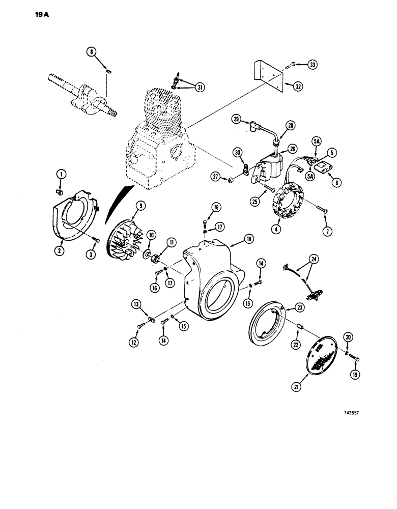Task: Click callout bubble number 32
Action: point(299,86)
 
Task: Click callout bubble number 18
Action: point(235,238)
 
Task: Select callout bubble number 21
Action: point(296,387)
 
